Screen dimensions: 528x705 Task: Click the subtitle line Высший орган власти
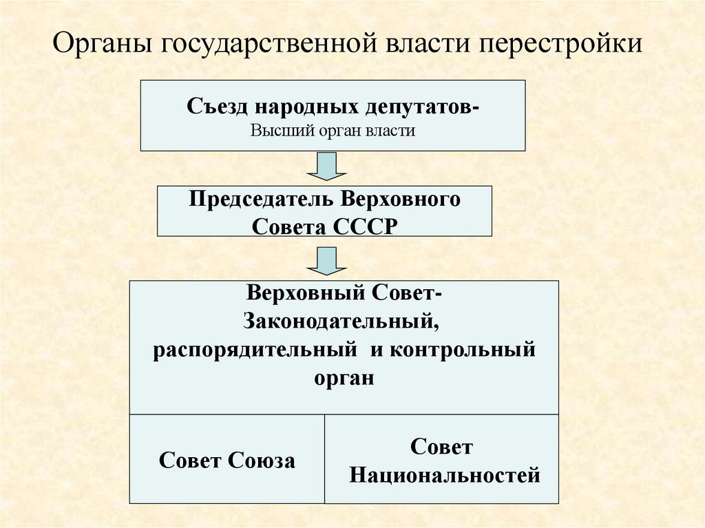pyautogui.click(x=333, y=130)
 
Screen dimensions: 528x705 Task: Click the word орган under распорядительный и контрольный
pyautogui.click(x=344, y=377)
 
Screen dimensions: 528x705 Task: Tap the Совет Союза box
pyautogui.click(x=227, y=459)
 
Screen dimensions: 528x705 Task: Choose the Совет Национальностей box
pyautogui.click(x=441, y=459)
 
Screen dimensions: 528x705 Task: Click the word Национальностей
pyautogui.click(x=444, y=475)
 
